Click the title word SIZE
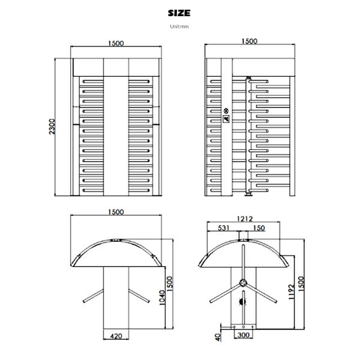click(x=179, y=13)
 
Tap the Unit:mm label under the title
click(x=179, y=26)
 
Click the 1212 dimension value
click(x=244, y=219)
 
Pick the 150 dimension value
click(x=259, y=228)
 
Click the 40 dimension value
click(x=217, y=337)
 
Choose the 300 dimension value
click(x=244, y=335)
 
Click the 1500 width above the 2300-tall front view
click(x=116, y=43)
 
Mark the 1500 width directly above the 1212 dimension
click(x=249, y=41)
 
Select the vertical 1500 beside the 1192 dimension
click(x=302, y=282)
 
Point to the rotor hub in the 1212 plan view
click(x=244, y=283)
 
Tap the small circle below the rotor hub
click(x=244, y=302)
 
